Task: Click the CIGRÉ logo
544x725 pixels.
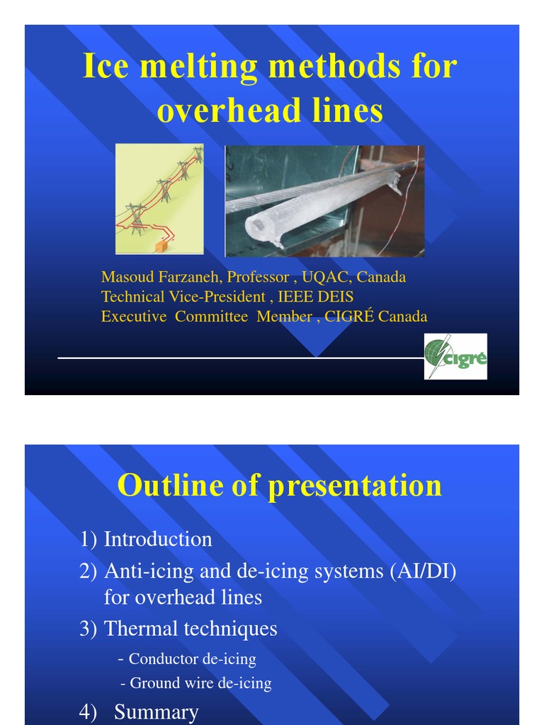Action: (x=455, y=356)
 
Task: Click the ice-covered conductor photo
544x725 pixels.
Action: (x=324, y=200)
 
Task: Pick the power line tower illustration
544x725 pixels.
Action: (x=159, y=199)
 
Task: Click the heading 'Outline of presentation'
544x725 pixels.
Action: (x=279, y=486)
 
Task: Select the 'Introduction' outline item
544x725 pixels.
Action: (x=157, y=540)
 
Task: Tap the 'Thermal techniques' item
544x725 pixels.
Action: (x=190, y=629)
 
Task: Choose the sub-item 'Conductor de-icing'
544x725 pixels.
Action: (x=192, y=659)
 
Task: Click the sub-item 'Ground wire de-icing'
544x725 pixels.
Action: (x=200, y=683)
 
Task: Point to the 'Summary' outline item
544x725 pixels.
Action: (x=156, y=712)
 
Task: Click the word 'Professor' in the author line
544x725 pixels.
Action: (x=258, y=277)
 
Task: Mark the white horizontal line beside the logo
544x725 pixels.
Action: (x=241, y=358)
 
